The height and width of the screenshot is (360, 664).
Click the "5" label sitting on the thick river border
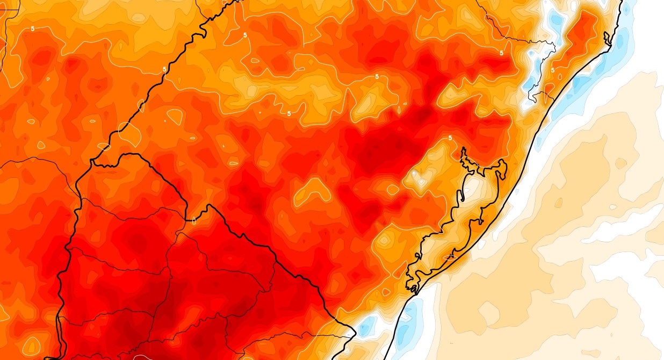click(x=164, y=70)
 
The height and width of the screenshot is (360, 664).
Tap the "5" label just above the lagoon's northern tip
click(x=450, y=139)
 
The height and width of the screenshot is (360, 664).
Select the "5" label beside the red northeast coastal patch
click(x=553, y=70)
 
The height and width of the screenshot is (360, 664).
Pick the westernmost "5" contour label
click(x=33, y=29)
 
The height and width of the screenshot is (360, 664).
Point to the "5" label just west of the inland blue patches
click(x=501, y=53)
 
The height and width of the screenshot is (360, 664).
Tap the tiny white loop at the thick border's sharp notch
click(x=194, y=219)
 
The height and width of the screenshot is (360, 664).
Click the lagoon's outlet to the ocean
click(x=414, y=293)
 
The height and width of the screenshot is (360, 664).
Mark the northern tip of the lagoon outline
click(x=463, y=151)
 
